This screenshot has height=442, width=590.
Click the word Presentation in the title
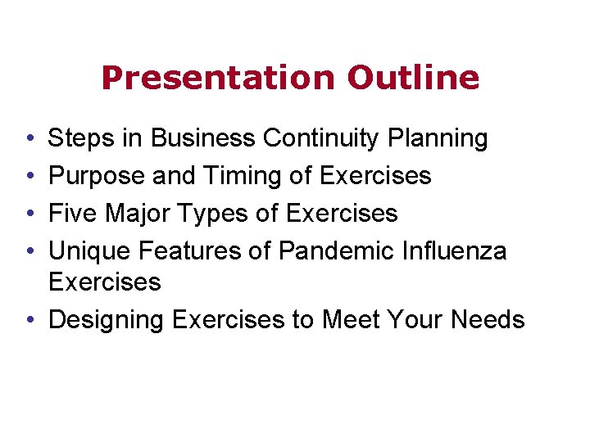pyautogui.click(x=218, y=78)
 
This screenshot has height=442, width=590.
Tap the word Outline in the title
pyautogui.click(x=413, y=78)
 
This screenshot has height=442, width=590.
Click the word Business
pyautogui.click(x=203, y=139)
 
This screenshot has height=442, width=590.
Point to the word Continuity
pyautogui.click(x=321, y=139)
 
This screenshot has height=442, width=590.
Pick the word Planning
pyautogui.click(x=438, y=139)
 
